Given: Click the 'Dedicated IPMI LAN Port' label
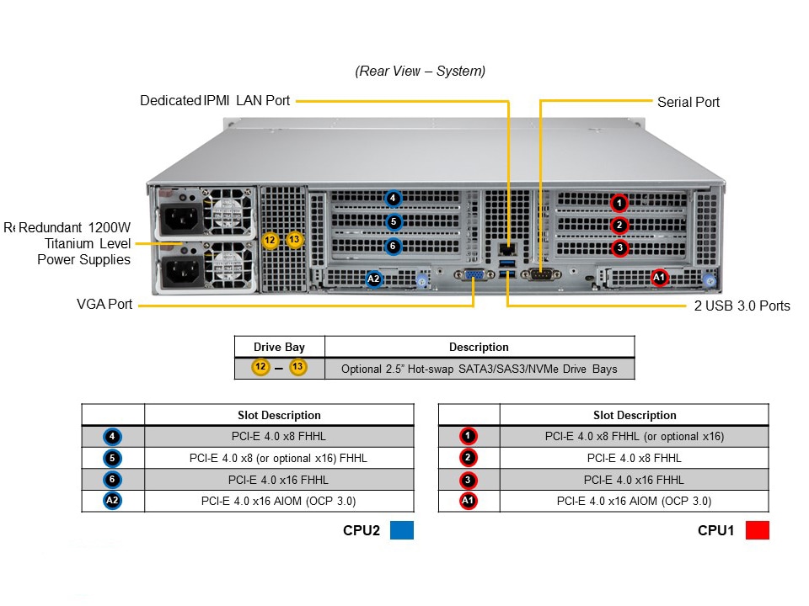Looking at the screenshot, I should coord(215,101).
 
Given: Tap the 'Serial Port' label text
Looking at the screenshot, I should coord(688,102).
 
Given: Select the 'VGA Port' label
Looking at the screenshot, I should coord(104,304).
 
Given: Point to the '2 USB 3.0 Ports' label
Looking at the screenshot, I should coord(742,306).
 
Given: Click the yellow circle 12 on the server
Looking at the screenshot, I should coord(270,240).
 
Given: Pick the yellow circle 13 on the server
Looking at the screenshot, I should coord(294,240).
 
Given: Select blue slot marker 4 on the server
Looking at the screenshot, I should coord(393,199).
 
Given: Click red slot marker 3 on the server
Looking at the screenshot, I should coord(619,247).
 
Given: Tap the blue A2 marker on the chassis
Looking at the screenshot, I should coord(374,278).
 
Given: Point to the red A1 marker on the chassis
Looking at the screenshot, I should coord(660,277).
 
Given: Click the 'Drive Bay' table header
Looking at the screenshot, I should coord(279,347).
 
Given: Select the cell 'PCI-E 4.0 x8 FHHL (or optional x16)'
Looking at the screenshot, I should coord(634,436).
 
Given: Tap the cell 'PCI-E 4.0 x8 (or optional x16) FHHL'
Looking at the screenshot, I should coord(279,458).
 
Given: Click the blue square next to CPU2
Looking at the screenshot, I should coord(403,530).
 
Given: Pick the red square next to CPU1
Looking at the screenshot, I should coord(758,530).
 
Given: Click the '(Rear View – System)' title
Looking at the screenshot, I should coord(420,72).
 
